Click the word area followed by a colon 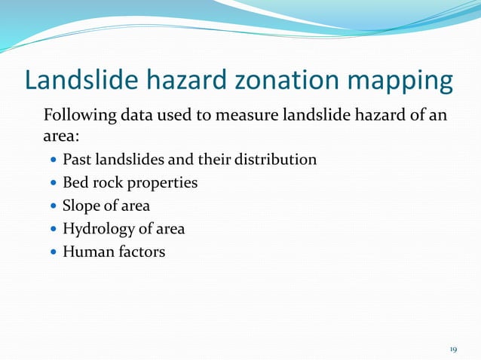[x=59, y=137]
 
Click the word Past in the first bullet [x=76, y=160]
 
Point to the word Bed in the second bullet [x=75, y=183]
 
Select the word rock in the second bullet [x=109, y=183]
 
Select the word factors [x=139, y=252]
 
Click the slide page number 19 [x=453, y=349]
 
